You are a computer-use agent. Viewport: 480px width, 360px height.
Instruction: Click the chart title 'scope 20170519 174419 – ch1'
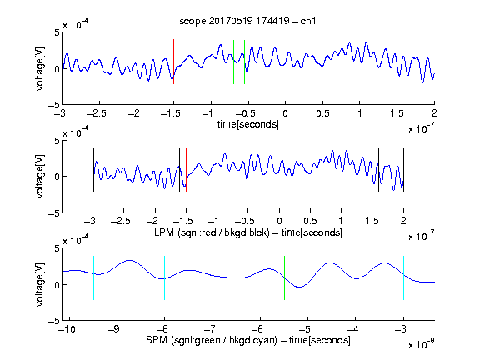(247, 21)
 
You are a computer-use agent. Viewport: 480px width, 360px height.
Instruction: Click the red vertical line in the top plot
(173, 62)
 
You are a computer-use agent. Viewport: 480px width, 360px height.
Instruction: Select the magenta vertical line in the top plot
(397, 62)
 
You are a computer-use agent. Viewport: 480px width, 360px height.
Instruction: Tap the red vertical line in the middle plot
(186, 170)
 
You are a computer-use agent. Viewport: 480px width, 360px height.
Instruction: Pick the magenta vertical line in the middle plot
(372, 170)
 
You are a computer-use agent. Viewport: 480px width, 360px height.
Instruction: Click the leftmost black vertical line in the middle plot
(93, 170)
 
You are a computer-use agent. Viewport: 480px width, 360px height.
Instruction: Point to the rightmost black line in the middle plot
(403, 170)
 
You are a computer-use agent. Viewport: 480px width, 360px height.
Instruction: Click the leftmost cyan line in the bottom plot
(93, 278)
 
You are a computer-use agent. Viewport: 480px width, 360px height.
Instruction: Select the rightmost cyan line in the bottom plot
(403, 278)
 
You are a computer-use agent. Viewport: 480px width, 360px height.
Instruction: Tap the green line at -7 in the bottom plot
(212, 278)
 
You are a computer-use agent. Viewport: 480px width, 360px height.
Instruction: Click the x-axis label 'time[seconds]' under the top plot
(248, 124)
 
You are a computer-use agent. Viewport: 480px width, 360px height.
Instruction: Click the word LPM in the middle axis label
(164, 232)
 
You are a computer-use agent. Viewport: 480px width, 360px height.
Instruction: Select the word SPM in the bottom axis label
(157, 340)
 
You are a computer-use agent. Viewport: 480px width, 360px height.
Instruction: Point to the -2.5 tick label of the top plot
(97, 113)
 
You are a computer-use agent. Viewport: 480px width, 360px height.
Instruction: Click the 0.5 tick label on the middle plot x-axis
(310, 221)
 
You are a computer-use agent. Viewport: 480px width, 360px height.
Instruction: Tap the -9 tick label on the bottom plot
(114, 329)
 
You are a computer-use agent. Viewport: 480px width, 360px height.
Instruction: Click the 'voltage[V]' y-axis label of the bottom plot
(40, 284)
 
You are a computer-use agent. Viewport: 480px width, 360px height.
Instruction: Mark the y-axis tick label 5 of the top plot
(57, 32)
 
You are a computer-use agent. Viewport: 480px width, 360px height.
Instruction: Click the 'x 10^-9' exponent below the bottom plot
(421, 344)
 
